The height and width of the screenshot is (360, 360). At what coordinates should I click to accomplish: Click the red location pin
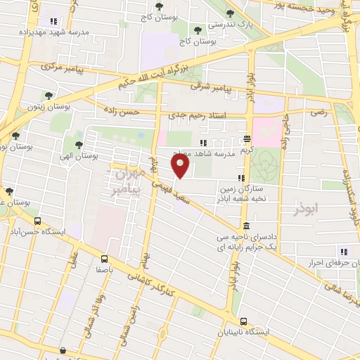pyautogui.click(x=181, y=167)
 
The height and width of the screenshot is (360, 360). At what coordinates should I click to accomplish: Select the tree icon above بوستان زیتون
pyautogui.click(x=48, y=96)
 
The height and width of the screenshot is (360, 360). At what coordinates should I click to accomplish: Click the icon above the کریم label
pyautogui.click(x=246, y=139)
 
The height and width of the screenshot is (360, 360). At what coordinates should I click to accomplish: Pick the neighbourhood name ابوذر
pyautogui.click(x=308, y=209)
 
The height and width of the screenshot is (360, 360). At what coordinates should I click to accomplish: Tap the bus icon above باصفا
pyautogui.click(x=104, y=258)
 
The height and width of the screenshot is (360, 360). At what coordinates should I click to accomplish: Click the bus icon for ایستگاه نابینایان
pyautogui.click(x=243, y=321)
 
